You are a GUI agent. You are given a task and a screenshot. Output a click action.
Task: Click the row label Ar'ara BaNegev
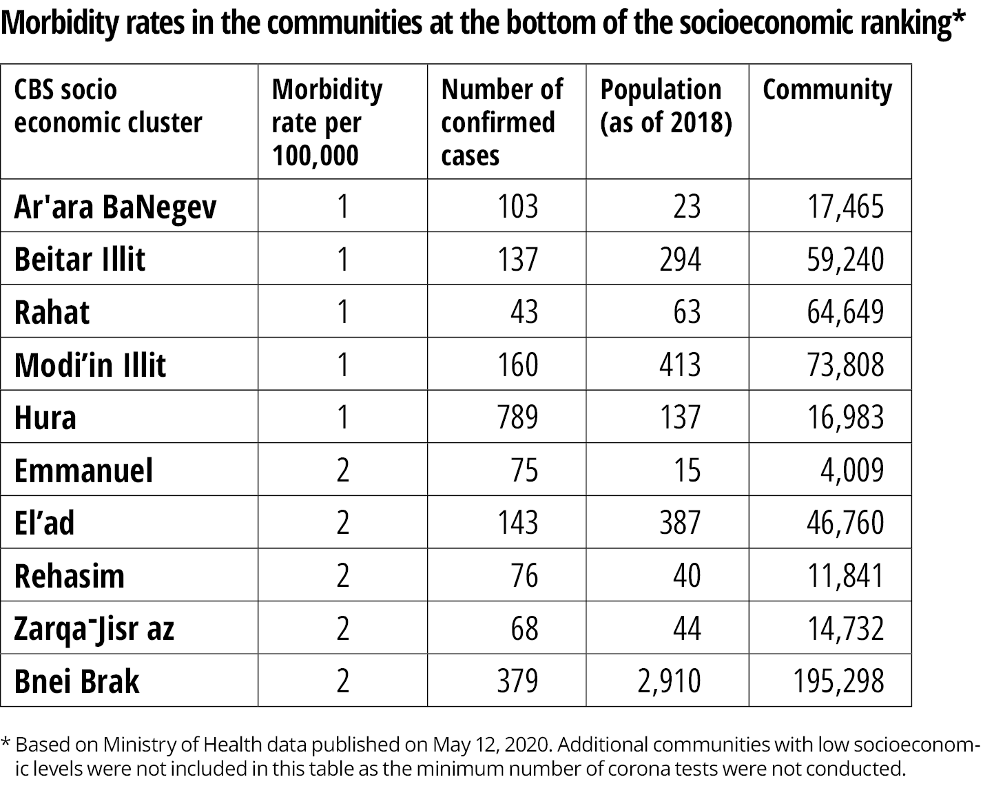click(x=115, y=207)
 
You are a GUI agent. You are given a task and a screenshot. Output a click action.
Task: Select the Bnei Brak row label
click(x=76, y=681)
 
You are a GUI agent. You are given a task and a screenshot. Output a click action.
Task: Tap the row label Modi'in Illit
click(x=90, y=365)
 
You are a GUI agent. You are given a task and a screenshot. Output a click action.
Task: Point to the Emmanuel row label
click(x=83, y=470)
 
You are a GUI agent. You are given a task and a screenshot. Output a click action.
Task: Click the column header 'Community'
click(x=827, y=90)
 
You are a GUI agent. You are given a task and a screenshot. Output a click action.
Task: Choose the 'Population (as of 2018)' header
click(x=666, y=106)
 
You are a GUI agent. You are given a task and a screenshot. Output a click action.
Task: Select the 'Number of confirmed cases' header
click(x=502, y=122)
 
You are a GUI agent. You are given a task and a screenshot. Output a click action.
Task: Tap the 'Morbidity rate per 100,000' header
click(x=327, y=122)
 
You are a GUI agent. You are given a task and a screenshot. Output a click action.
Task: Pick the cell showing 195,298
click(x=838, y=681)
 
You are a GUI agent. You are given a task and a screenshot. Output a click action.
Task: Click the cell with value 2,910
click(x=669, y=681)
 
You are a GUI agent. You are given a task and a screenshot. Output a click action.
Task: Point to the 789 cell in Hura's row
click(x=517, y=417)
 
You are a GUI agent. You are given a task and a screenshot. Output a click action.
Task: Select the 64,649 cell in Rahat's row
click(x=845, y=312)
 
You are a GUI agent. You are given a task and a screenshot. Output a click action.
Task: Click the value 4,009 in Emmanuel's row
click(x=852, y=470)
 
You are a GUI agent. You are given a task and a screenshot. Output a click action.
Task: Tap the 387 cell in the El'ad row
click(x=680, y=523)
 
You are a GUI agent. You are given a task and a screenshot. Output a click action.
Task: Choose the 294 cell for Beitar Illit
click(x=681, y=260)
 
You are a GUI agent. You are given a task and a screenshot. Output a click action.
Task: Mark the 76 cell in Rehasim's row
click(x=524, y=576)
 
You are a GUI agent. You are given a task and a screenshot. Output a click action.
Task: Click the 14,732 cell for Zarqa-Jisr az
click(x=845, y=628)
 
